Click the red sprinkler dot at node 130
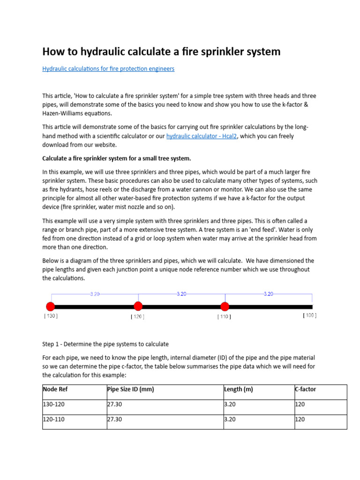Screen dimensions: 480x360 point(51,307)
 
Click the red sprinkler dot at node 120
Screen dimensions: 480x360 point(138,306)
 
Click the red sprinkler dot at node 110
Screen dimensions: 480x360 point(225,307)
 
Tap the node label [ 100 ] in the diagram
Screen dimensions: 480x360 point(309,315)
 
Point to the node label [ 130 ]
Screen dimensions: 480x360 point(51,316)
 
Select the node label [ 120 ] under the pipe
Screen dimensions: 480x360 point(137,316)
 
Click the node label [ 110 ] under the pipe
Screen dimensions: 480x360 point(224,316)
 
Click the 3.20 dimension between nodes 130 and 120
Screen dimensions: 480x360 point(95,294)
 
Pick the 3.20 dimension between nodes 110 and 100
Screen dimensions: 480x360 point(268,294)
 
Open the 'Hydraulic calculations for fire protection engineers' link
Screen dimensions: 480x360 point(108,69)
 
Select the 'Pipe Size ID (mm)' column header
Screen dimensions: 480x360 point(131,390)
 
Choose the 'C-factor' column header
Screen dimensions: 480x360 point(305,390)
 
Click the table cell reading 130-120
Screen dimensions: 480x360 point(53,405)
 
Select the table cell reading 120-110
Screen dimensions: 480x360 point(53,420)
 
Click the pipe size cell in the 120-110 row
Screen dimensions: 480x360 point(114,420)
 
